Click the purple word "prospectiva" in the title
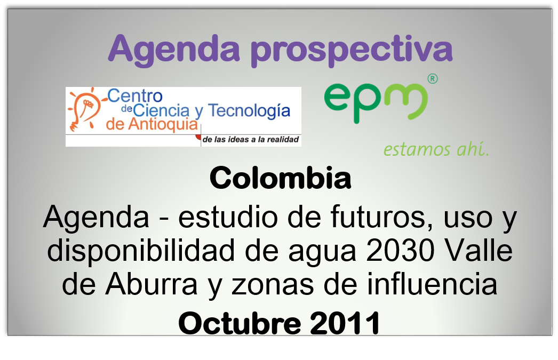(352, 50)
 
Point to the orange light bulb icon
(85, 108)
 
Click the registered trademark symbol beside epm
(433, 78)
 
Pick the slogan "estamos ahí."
(436, 149)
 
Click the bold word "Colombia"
(281, 178)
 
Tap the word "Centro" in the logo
(135, 95)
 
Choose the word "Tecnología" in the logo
(249, 111)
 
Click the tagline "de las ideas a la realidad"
(251, 139)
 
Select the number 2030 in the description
(400, 251)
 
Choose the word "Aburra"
(152, 284)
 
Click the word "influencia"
(432, 283)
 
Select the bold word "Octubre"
(240, 323)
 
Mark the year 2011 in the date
(345, 323)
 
